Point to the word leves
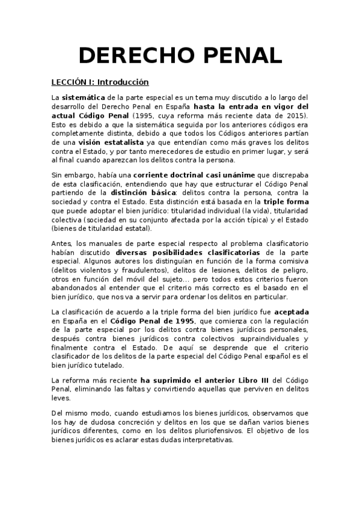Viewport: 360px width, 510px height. click(x=61, y=398)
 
